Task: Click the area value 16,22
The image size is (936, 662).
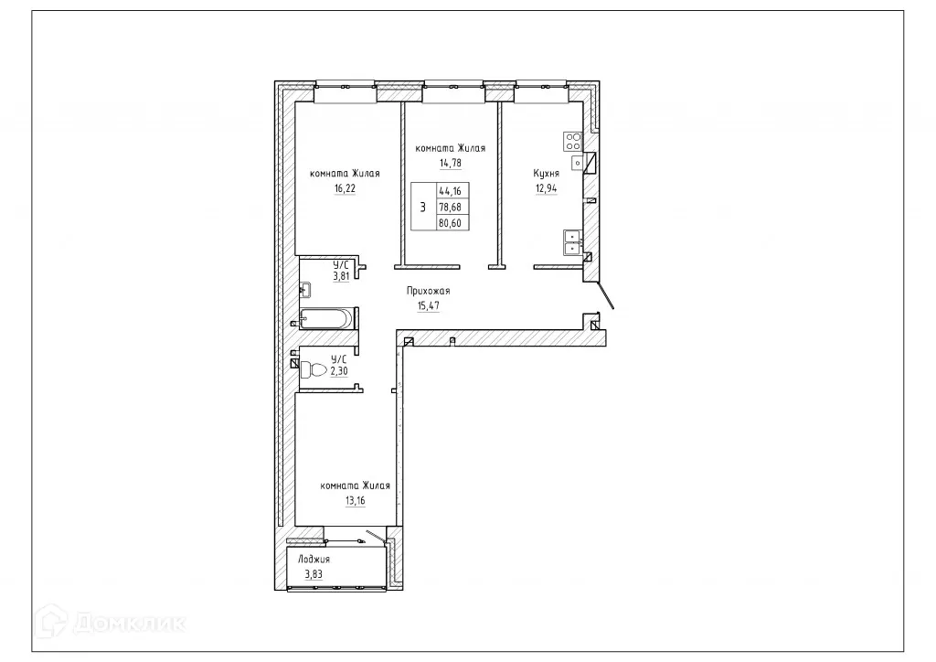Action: (x=345, y=188)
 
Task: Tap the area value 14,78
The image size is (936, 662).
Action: (x=450, y=164)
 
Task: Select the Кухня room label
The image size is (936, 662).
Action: (x=547, y=173)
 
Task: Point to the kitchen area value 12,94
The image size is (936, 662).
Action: (x=547, y=189)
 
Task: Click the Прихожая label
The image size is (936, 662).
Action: (x=429, y=291)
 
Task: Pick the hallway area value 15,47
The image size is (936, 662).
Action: (x=429, y=306)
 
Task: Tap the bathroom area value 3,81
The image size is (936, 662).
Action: (x=341, y=275)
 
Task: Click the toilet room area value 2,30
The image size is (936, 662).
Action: (x=339, y=371)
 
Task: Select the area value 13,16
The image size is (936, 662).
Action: (x=356, y=500)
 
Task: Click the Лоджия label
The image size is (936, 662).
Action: (x=314, y=559)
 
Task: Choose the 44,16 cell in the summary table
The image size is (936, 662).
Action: (x=450, y=191)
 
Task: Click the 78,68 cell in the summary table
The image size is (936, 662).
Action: (x=450, y=207)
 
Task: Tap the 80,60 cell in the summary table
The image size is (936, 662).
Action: (x=450, y=222)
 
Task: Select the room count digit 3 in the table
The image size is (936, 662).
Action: (x=421, y=207)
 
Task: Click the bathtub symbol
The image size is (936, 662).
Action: (x=324, y=319)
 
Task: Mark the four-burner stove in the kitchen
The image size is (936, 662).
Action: (x=573, y=142)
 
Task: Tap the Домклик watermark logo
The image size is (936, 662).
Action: (x=114, y=623)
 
